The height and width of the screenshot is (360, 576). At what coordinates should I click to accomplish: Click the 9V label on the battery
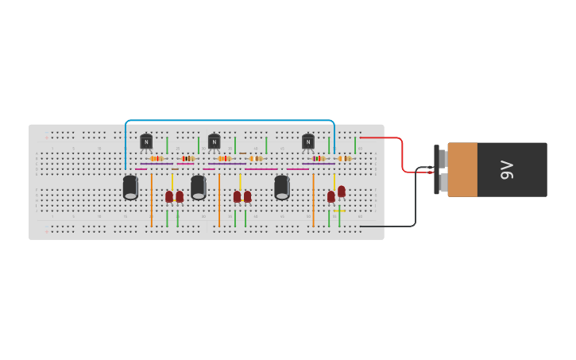[x=507, y=169]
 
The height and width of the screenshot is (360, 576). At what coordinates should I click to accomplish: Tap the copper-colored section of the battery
[x=462, y=169]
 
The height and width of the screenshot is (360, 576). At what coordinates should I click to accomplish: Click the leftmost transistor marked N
[x=146, y=141]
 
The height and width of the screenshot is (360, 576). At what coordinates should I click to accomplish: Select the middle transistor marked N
[x=214, y=141]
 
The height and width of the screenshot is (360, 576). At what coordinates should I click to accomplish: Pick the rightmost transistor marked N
[x=308, y=141]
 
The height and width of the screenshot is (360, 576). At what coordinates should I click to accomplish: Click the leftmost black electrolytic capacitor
[x=130, y=188]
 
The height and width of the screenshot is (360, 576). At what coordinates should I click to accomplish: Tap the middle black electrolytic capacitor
[x=198, y=188]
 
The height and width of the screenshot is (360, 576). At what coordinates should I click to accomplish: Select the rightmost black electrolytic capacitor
[x=282, y=188]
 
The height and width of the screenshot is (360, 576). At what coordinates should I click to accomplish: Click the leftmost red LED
[x=169, y=196]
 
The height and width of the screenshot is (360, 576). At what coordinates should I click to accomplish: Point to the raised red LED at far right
[x=342, y=192]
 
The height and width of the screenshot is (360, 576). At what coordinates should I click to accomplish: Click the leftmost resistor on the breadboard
[x=157, y=158]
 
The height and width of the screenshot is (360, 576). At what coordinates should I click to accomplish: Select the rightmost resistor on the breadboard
[x=344, y=158]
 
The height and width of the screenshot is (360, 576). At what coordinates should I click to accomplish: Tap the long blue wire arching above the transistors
[x=230, y=121]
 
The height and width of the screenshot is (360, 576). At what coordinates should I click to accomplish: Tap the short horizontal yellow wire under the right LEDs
[x=339, y=211]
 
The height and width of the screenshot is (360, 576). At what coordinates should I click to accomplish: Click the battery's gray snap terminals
[x=443, y=169]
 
